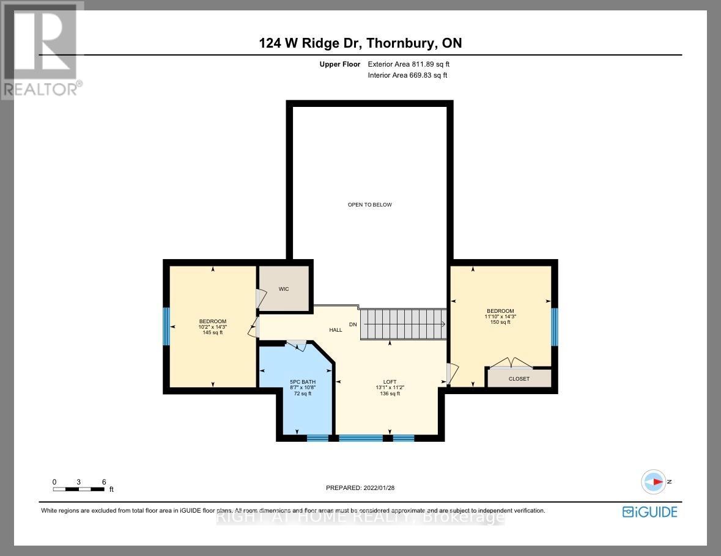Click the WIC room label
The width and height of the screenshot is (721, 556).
(x=283, y=288)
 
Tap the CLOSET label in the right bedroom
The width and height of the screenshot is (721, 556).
(x=519, y=379)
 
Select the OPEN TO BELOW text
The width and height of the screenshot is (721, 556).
(x=369, y=205)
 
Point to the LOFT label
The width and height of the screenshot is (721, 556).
(x=389, y=382)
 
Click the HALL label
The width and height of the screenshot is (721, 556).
(x=336, y=330)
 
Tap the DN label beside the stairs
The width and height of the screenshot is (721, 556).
(x=353, y=324)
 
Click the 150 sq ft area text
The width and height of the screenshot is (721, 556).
(x=500, y=322)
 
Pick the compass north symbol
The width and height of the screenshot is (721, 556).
(x=654, y=481)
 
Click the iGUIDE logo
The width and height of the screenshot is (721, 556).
(x=649, y=512)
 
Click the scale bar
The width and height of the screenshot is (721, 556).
(x=78, y=489)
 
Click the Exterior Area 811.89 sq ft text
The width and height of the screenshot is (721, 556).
(x=409, y=64)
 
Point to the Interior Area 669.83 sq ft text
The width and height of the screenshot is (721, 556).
(x=407, y=75)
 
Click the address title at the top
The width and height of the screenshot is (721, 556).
(x=360, y=43)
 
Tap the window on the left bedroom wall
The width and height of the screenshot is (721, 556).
(x=165, y=326)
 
